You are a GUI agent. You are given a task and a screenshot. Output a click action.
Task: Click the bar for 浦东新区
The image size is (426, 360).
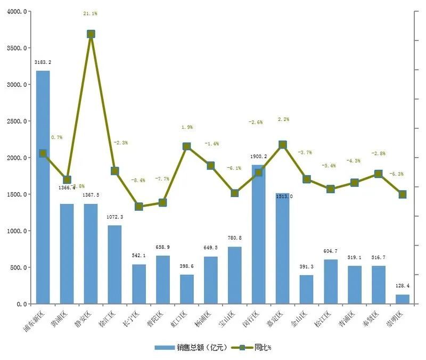click(x=43, y=187)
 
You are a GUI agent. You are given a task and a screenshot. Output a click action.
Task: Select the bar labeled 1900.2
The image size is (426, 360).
click(x=258, y=234)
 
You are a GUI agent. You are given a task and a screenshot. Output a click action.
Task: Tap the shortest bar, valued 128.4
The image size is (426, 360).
click(x=403, y=299)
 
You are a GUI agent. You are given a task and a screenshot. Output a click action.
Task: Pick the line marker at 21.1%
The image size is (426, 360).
click(x=91, y=34)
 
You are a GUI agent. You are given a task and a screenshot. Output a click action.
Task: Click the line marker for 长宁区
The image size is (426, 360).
click(x=139, y=207)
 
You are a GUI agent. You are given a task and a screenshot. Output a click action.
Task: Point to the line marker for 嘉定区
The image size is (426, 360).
click(x=283, y=144)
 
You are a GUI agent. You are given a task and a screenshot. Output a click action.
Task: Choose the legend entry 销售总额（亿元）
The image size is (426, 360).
click(x=192, y=348)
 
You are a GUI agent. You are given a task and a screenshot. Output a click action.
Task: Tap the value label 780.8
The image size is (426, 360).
click(x=234, y=238)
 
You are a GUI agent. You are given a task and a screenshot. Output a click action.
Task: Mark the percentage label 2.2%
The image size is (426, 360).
click(x=283, y=119)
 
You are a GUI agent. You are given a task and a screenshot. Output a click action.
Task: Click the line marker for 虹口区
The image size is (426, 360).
click(x=187, y=146)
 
